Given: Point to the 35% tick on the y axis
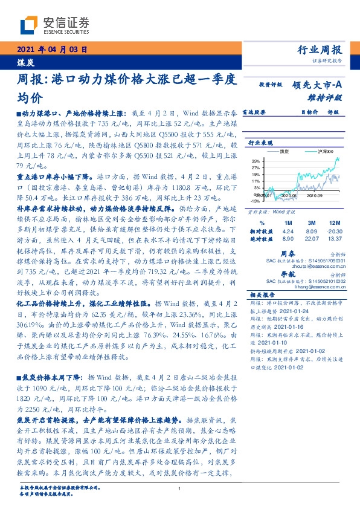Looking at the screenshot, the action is pos(256,161).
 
